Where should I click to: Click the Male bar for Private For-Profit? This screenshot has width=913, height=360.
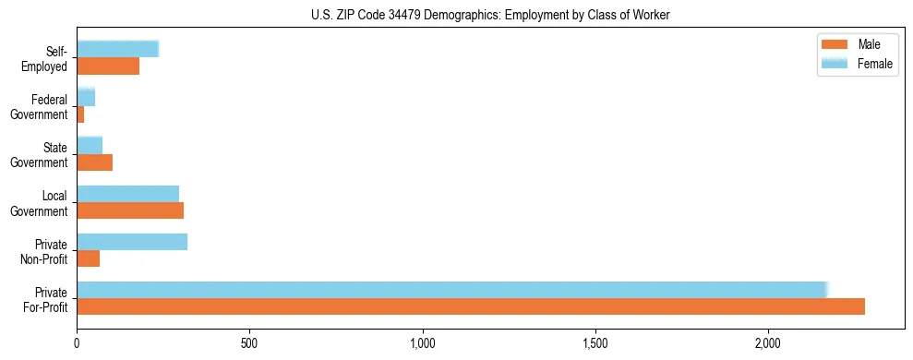(x=471, y=306)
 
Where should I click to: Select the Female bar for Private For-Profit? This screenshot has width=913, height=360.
(x=452, y=290)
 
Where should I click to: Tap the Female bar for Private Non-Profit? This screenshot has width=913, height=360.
(x=132, y=242)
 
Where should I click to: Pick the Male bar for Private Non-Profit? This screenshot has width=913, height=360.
(x=89, y=258)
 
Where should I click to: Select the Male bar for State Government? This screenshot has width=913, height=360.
(x=95, y=162)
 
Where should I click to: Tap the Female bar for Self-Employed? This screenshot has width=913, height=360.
(x=118, y=49)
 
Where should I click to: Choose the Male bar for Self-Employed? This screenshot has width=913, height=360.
(x=108, y=66)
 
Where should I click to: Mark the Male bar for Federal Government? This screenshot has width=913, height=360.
(x=80, y=114)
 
